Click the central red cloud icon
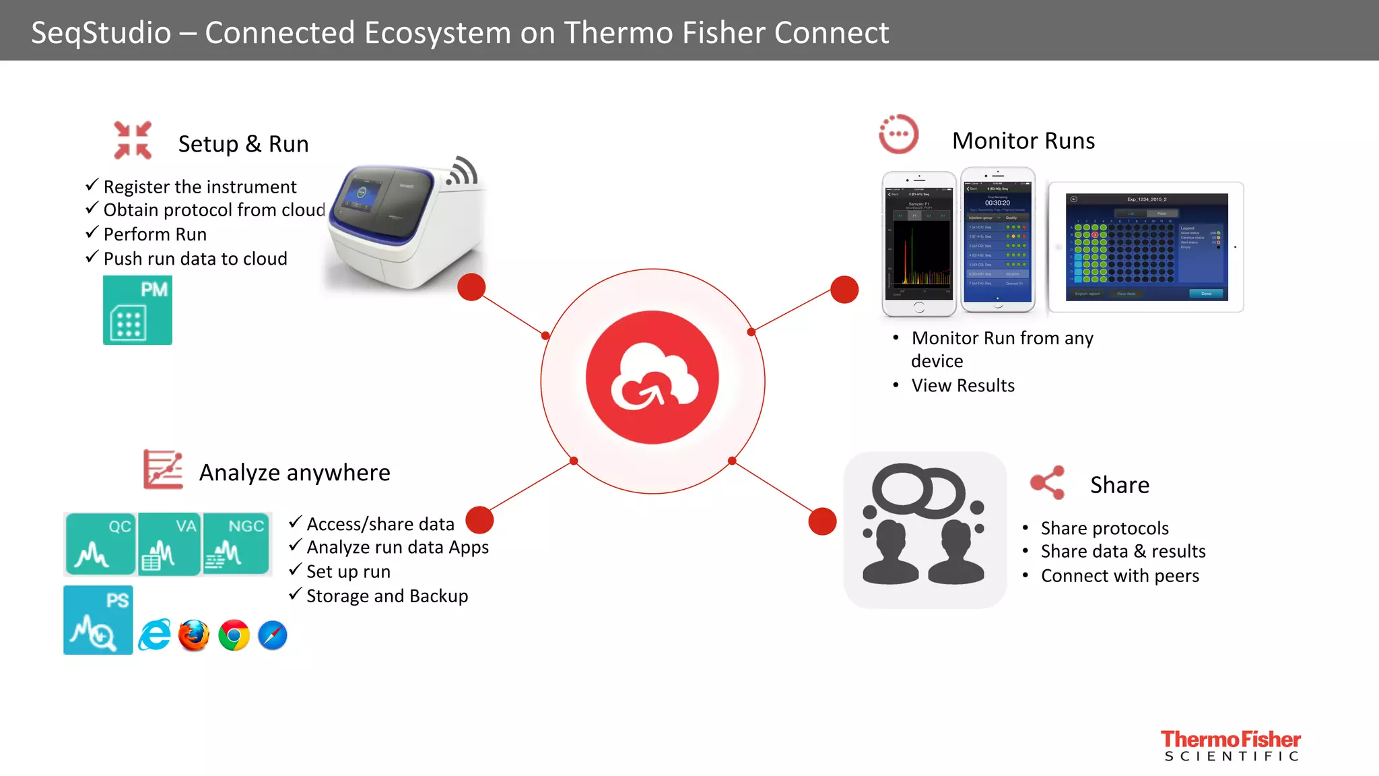pyautogui.click(x=652, y=377)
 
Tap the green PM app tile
pyautogui.click(x=137, y=311)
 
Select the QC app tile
pyautogui.click(x=100, y=544)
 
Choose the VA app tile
pyautogui.click(x=169, y=544)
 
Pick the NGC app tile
pyautogui.click(x=236, y=544)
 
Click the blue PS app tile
pyautogui.click(x=98, y=620)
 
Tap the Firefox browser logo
pyautogui.click(x=194, y=635)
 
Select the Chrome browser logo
pyautogui.click(x=234, y=635)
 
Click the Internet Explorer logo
pyautogui.click(x=155, y=635)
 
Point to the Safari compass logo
pyautogui.click(x=273, y=635)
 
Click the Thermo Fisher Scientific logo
pyautogui.click(x=1231, y=746)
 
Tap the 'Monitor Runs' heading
pyautogui.click(x=1023, y=141)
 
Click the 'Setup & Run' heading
pyautogui.click(x=243, y=144)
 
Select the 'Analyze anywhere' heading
pyautogui.click(x=294, y=473)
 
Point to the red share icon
pyautogui.click(x=1048, y=482)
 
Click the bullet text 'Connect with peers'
pyautogui.click(x=1120, y=576)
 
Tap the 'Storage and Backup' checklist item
pyautogui.click(x=387, y=596)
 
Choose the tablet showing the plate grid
pyautogui.click(x=1146, y=247)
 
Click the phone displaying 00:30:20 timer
pyautogui.click(x=997, y=240)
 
